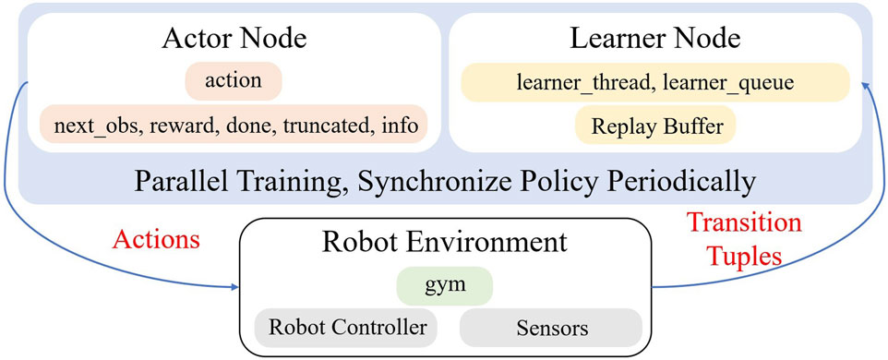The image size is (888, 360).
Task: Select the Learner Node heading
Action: point(654,41)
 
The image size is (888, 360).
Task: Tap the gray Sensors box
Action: point(551,328)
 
